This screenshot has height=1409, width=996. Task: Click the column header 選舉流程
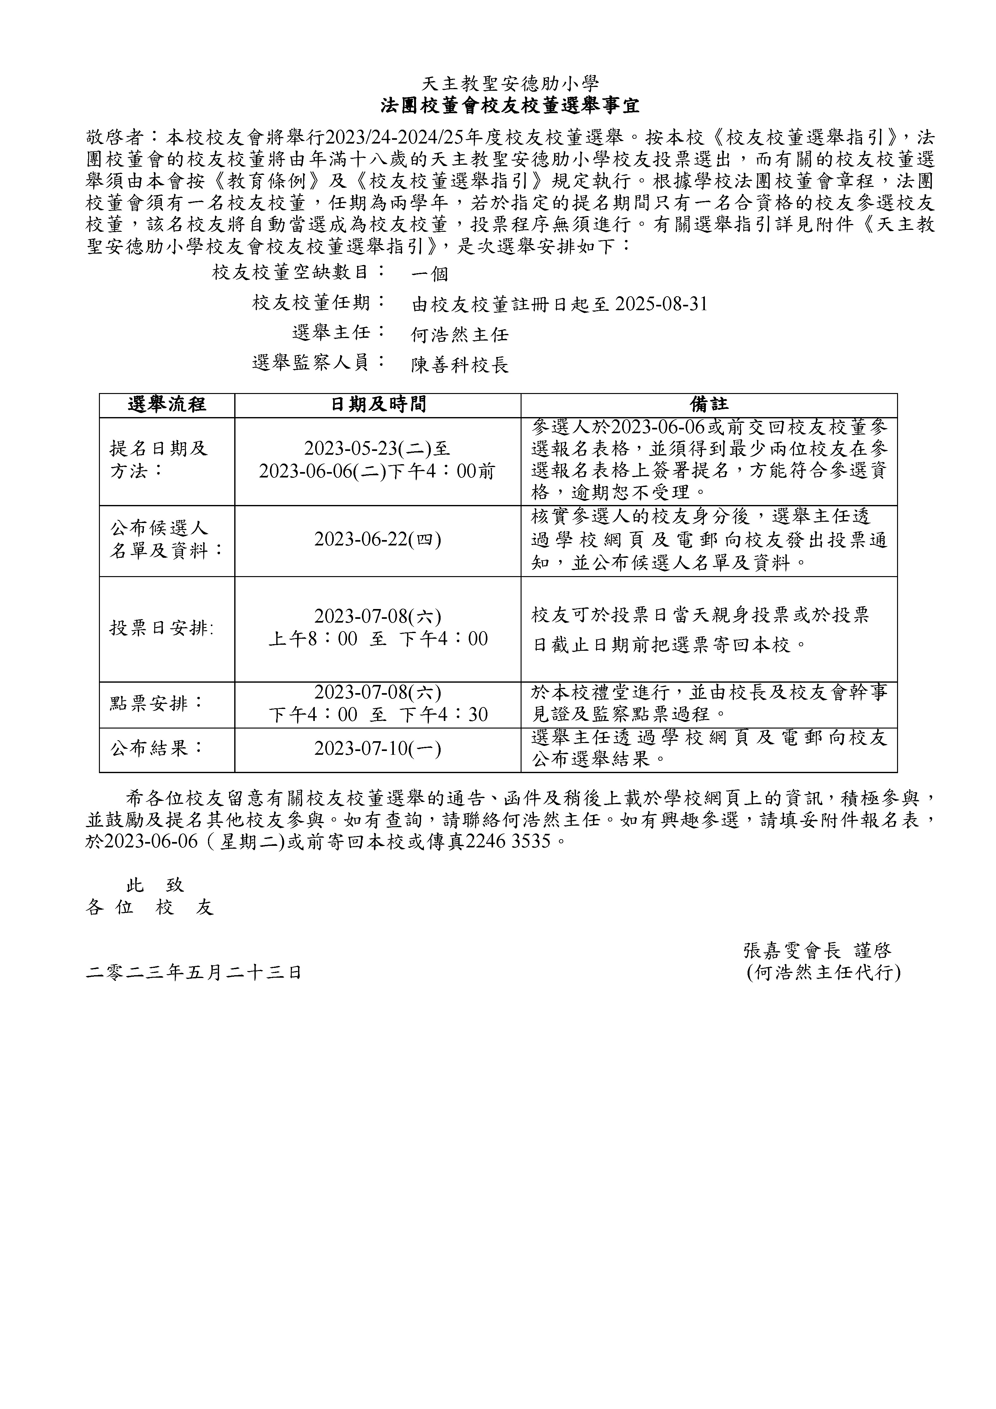(x=167, y=404)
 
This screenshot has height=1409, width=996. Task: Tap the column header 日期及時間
(x=378, y=404)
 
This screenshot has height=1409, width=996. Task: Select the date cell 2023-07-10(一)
(x=378, y=749)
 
